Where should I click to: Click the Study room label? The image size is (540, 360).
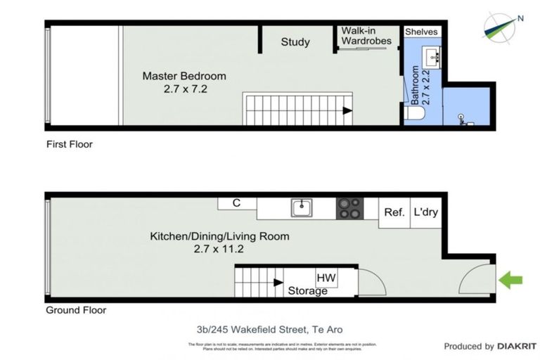coord(295,42)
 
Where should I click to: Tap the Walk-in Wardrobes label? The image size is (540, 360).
coord(366,36)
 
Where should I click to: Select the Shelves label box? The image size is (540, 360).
coord(422,32)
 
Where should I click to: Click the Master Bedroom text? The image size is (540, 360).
coord(184,76)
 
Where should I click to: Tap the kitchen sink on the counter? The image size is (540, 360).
coord(302,207)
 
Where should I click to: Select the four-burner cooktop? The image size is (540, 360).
coord(350,208)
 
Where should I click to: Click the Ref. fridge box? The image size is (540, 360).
coord(394,212)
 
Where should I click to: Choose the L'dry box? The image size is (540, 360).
coord(425,212)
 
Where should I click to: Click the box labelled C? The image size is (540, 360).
coord(237,203)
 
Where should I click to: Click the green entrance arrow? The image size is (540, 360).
coord(510,281)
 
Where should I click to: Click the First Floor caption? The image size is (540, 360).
coord(69,144)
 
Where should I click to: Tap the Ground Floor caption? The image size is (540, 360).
coord(75,310)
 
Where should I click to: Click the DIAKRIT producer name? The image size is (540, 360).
coord(517,346)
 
